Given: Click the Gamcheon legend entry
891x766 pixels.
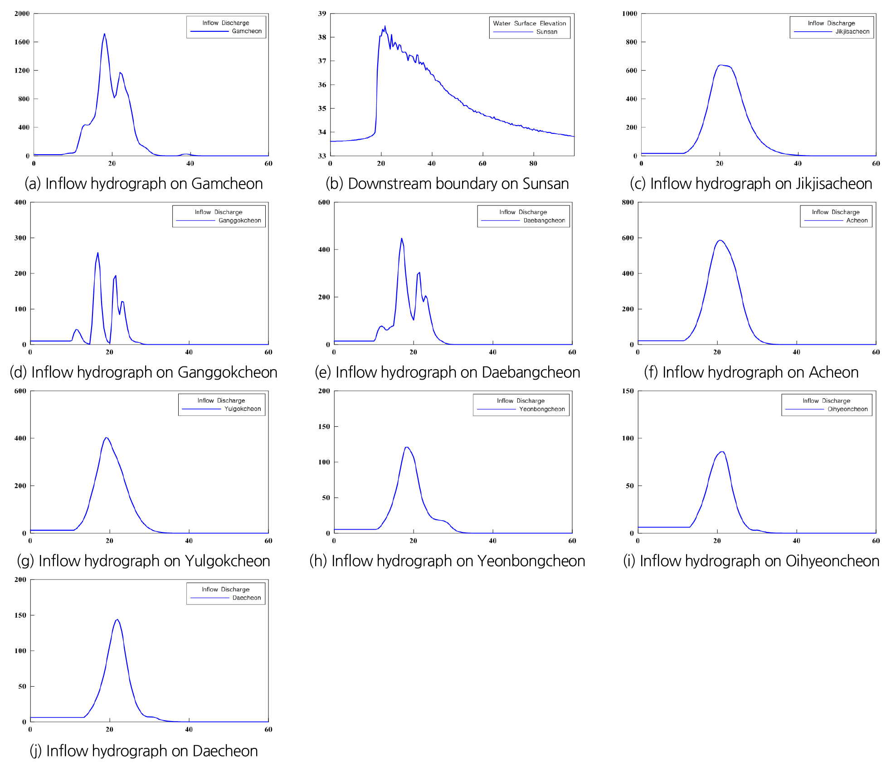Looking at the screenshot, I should tap(246, 31).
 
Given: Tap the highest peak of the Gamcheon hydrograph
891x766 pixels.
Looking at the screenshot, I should tap(104, 34).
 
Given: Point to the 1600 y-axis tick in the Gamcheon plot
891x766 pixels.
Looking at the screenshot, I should tap(22, 42).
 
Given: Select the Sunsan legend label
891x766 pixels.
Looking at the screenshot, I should tap(546, 32).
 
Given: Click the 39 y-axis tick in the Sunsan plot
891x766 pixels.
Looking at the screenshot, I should tap(322, 14).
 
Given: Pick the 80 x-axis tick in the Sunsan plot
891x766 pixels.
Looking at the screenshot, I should tap(533, 164).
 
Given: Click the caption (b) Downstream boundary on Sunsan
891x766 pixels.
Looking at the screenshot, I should tap(447, 184).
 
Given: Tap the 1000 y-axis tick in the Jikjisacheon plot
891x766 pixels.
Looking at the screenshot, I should tap(629, 14).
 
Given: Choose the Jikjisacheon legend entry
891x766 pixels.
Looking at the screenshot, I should tap(852, 32).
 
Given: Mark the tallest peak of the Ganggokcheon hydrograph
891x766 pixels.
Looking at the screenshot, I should tap(98, 253).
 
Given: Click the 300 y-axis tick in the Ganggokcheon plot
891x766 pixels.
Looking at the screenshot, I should tap(20, 238).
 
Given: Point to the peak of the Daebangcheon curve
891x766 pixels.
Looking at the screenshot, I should tap(401, 239).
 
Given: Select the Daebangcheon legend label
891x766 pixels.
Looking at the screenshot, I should tap(544, 221).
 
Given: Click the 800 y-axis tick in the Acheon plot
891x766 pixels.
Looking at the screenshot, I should tap(628, 202).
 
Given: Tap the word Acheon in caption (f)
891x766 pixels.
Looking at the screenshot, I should tap(833, 372).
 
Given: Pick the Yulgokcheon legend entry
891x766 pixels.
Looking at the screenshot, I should tap(243, 409).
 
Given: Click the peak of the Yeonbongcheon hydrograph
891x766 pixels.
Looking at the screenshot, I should tap(407, 447).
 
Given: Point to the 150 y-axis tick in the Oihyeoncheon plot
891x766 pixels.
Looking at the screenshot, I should tap(628, 391).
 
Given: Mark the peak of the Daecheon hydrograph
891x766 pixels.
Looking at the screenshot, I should tap(117, 620).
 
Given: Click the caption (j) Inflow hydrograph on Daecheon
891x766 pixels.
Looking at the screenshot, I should tap(144, 751).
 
